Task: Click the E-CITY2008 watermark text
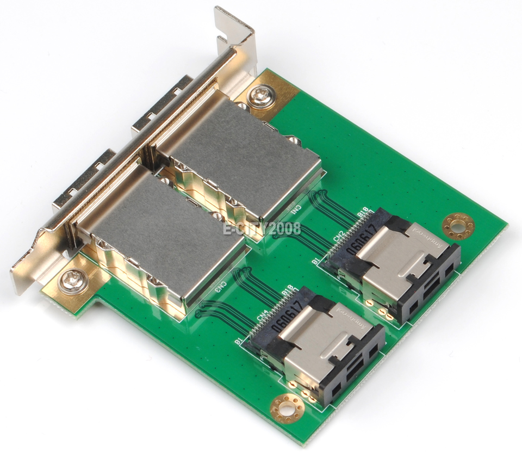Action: (262, 229)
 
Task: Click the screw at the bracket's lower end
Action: (73, 281)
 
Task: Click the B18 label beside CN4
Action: (288, 291)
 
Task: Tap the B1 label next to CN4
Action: (239, 340)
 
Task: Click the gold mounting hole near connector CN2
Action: (458, 226)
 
